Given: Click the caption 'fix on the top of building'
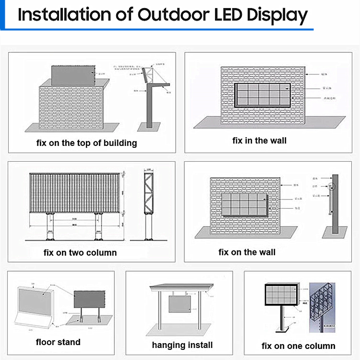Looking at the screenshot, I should pos(87,143).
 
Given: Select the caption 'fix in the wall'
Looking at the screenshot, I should pos(259,141).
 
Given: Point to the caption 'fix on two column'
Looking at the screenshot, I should pos(80,252).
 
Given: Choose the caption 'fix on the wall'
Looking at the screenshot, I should pos(247,252).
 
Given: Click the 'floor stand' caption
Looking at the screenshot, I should pos(58,342).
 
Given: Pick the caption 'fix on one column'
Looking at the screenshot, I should pos(299,346).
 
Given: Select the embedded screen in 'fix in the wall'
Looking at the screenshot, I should pos(262,95).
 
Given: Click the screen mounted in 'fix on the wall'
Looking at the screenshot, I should pos(244,204).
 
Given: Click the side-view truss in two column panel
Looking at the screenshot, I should pos(149,192).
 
